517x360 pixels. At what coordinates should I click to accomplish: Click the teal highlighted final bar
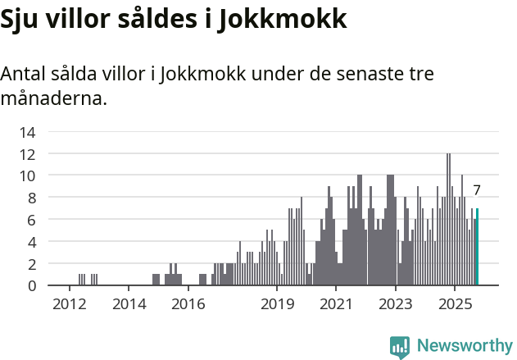pyautogui.click(x=478, y=247)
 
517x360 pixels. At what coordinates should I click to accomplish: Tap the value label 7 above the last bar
pyautogui.click(x=477, y=190)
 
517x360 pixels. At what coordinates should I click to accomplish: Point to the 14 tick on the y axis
pyautogui.click(x=27, y=132)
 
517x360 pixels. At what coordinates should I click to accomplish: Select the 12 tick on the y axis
pyautogui.click(x=27, y=154)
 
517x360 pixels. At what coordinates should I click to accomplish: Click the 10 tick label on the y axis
pyautogui.click(x=27, y=176)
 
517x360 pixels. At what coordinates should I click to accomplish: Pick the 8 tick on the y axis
pyautogui.click(x=31, y=198)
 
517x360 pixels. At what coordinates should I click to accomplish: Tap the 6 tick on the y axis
pyautogui.click(x=31, y=221)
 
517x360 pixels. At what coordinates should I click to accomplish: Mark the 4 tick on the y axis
pyautogui.click(x=31, y=243)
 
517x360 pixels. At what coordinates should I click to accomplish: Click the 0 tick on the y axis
pyautogui.click(x=31, y=286)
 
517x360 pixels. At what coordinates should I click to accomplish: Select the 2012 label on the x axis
pyautogui.click(x=70, y=304)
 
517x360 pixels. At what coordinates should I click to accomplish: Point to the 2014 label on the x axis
pyautogui.click(x=129, y=304)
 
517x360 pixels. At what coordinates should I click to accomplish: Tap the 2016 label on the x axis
pyautogui.click(x=188, y=304)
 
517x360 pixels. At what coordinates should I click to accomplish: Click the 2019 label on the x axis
pyautogui.click(x=278, y=304)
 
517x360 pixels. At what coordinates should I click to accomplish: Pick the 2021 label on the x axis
pyautogui.click(x=337, y=304)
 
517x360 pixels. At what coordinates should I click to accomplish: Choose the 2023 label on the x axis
pyautogui.click(x=396, y=304)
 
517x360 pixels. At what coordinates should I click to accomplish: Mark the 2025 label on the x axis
pyautogui.click(x=456, y=304)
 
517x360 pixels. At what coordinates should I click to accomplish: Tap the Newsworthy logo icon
pyautogui.click(x=400, y=346)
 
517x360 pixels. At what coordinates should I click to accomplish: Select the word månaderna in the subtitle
pyautogui.click(x=53, y=99)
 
